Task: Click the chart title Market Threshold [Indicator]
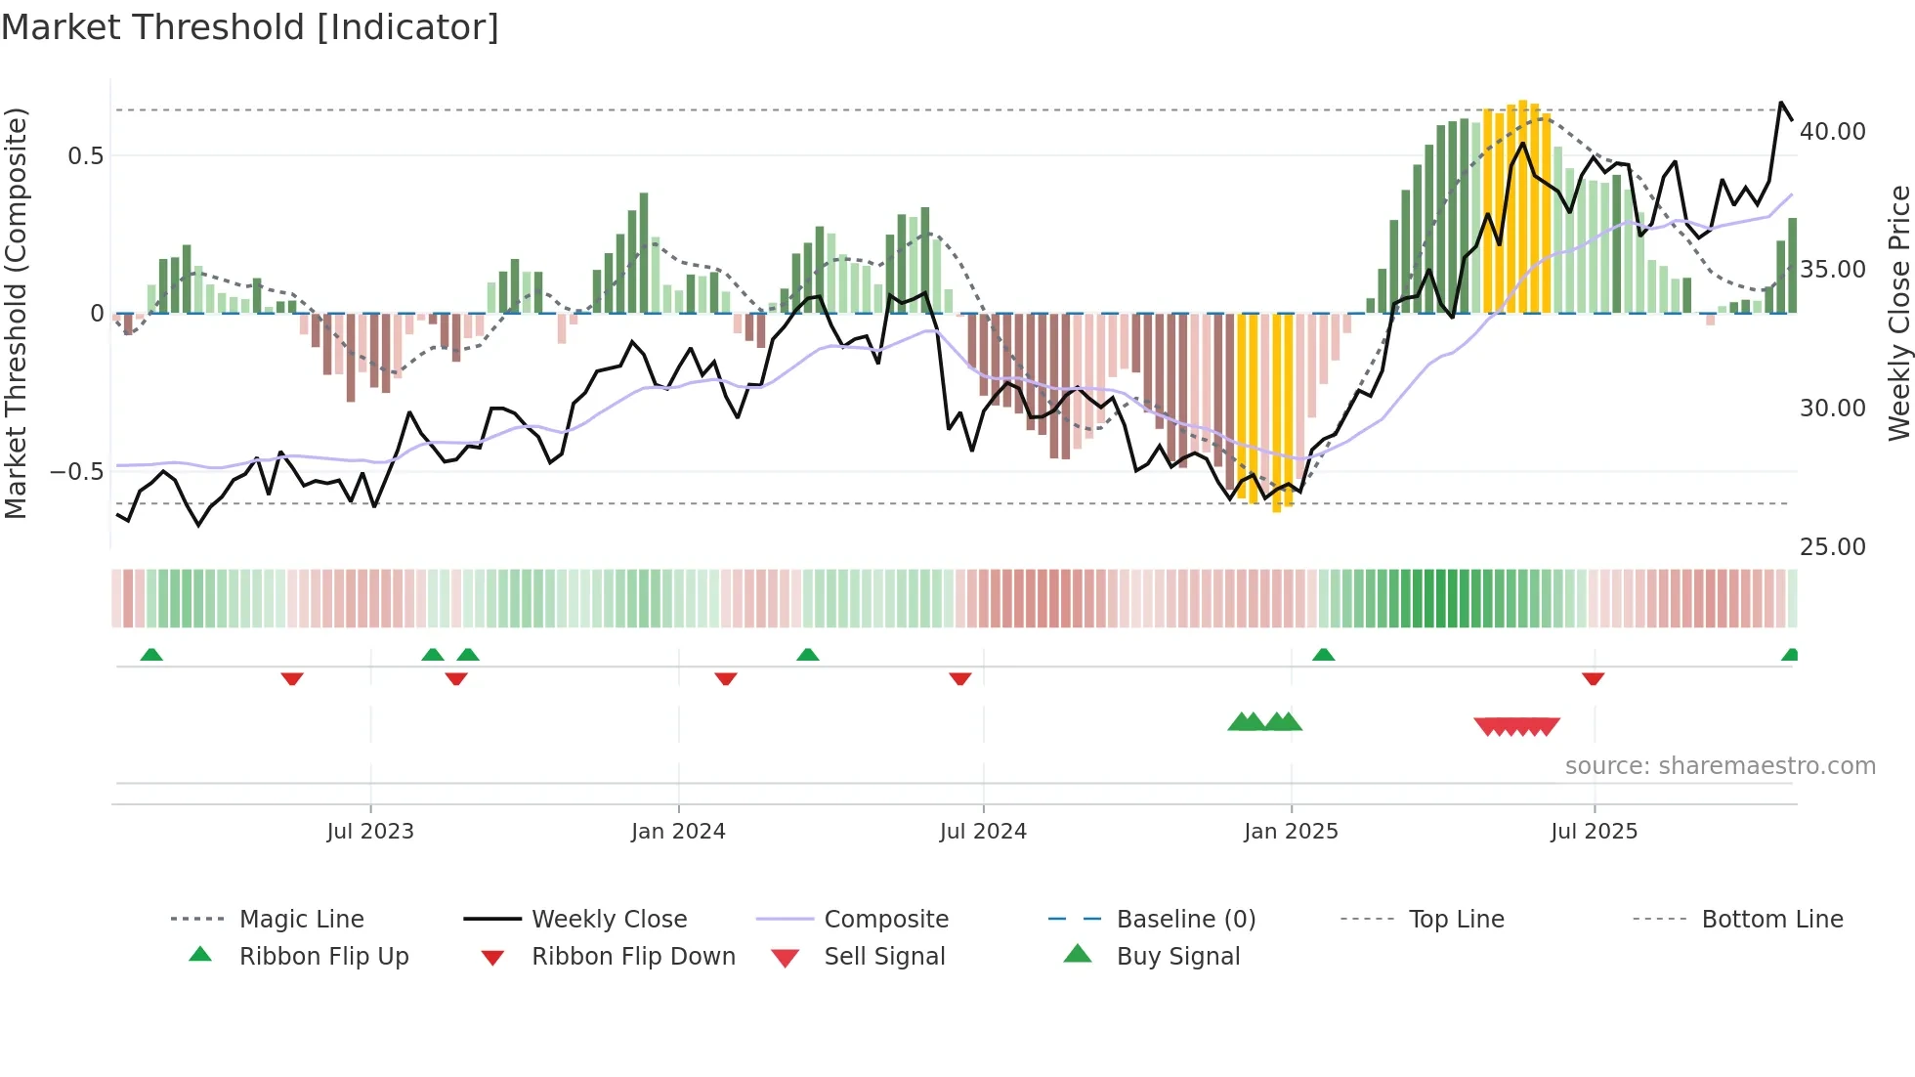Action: (250, 27)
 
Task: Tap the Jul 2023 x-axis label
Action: (370, 832)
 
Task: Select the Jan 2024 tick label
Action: (678, 832)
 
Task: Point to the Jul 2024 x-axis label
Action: (983, 832)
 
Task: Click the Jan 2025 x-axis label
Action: (1291, 832)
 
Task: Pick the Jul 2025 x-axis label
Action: (1594, 832)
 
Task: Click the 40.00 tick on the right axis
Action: (1832, 132)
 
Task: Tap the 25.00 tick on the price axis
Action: (1832, 547)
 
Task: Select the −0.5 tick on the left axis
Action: (77, 472)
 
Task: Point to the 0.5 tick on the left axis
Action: (85, 156)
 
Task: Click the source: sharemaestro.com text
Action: (1720, 766)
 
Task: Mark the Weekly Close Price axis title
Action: (1898, 313)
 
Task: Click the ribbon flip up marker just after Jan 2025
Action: (1323, 655)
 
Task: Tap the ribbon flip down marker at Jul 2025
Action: (1593, 678)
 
